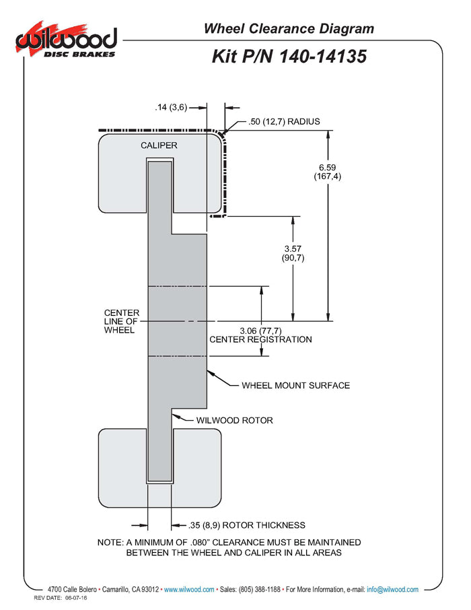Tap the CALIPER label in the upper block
(x=159, y=145)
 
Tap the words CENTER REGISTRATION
(x=260, y=339)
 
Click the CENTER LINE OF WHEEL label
(x=122, y=321)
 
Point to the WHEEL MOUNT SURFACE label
(x=295, y=386)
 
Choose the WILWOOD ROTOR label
(x=234, y=420)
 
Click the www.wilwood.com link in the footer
(x=189, y=590)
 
